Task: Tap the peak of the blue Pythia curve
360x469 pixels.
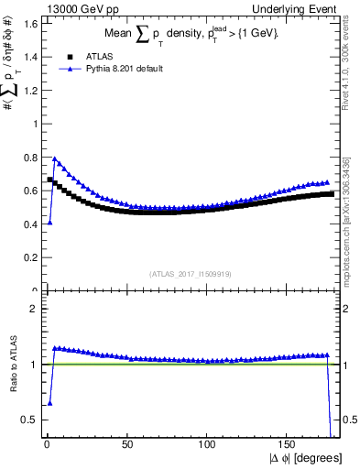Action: click(x=54, y=158)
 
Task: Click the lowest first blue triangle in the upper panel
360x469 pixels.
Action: click(x=49, y=223)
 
